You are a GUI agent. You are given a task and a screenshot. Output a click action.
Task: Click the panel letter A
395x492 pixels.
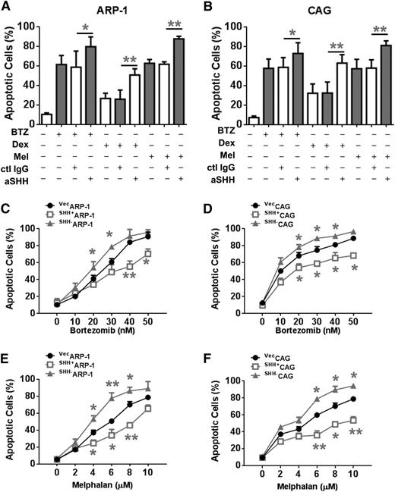click(x=7, y=8)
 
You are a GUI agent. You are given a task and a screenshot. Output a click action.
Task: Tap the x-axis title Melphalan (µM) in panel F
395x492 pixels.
click(x=311, y=478)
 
